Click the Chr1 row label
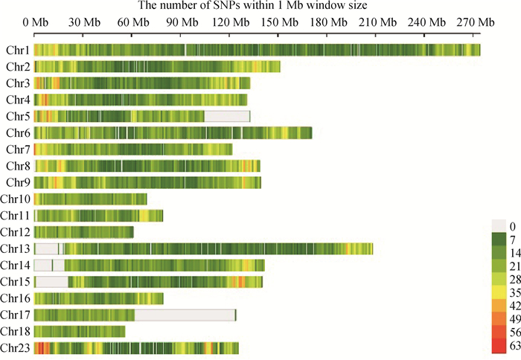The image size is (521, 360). point(17,51)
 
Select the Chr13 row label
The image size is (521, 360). point(15,248)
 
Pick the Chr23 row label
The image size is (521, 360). point(15,347)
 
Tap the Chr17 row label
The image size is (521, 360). point(15,315)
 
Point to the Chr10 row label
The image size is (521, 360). point(15,199)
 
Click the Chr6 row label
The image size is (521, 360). point(17,133)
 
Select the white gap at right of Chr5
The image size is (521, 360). point(226,116)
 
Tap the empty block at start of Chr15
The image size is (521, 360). point(51,282)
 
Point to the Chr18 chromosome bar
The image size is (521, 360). point(80,331)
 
